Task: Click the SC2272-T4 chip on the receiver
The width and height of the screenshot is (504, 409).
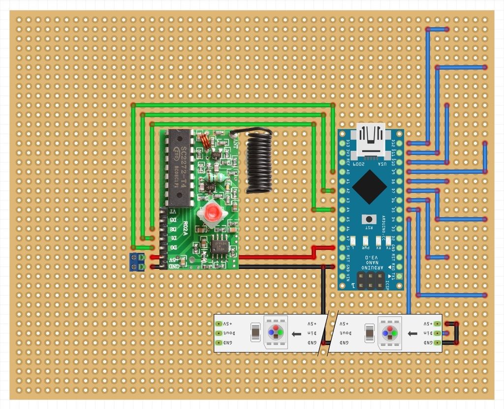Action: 179,167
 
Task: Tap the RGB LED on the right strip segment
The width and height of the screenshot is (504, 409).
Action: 390,333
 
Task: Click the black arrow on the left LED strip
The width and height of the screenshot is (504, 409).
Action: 296,334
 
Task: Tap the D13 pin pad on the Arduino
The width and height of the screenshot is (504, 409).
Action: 343,144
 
